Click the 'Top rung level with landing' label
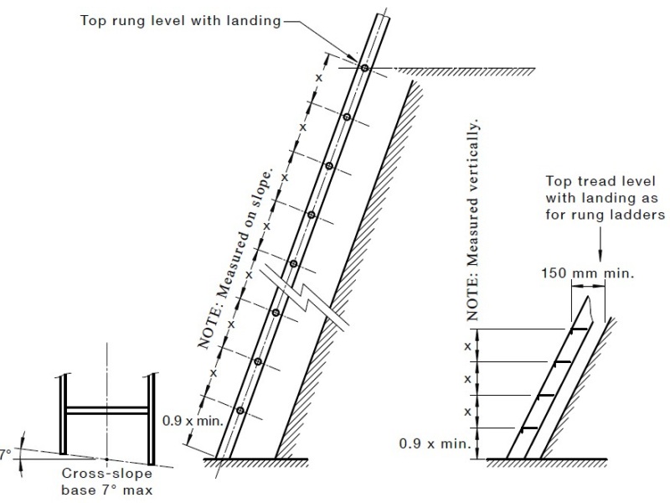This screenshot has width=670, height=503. [180, 20]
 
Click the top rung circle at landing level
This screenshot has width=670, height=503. [364, 68]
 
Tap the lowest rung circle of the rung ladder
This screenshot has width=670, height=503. [240, 411]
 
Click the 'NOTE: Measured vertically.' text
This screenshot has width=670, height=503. [472, 220]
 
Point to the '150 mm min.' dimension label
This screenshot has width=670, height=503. [588, 273]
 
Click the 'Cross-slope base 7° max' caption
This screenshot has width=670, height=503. [107, 481]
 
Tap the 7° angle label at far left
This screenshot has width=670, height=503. [5, 454]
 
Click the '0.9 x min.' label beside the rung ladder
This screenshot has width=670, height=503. [193, 421]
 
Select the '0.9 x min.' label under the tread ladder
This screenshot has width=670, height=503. [435, 443]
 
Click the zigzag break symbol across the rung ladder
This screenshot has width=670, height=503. [306, 296]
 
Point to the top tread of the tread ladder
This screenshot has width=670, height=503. [579, 329]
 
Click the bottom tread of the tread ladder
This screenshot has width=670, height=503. [529, 428]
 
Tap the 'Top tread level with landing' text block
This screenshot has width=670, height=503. [605, 198]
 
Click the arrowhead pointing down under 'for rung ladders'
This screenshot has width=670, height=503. [600, 256]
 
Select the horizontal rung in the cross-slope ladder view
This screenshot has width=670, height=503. [107, 410]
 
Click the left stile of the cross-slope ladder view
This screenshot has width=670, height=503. [64, 414]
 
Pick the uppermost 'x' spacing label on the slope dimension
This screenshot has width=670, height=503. [319, 78]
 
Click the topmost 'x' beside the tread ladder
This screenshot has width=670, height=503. [467, 345]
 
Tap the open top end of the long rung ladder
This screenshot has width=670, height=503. [384, 16]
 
